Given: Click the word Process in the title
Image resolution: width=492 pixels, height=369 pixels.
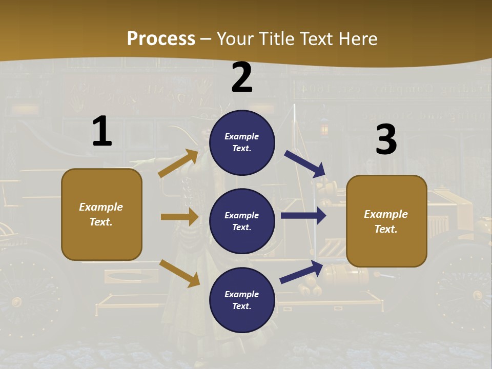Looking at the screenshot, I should (x=161, y=39).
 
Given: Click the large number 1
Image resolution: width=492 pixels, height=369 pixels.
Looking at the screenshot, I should (x=102, y=131).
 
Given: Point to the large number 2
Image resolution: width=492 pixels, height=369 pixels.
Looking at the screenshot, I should (x=242, y=77).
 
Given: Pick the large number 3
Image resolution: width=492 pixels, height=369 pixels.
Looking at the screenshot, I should (x=386, y=140).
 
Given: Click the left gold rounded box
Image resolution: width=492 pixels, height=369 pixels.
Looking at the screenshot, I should (x=101, y=214).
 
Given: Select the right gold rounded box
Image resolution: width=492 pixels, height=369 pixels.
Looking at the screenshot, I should (x=386, y=221).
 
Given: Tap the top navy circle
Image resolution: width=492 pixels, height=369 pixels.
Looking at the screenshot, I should (x=242, y=142).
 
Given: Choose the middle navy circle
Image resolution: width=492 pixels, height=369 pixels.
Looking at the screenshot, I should (x=242, y=221).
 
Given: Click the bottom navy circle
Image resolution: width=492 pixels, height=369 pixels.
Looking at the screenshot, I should (x=242, y=300).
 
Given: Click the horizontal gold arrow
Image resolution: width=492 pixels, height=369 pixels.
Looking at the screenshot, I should (x=179, y=217).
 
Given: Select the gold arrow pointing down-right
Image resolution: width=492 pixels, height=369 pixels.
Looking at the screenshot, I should (x=179, y=273).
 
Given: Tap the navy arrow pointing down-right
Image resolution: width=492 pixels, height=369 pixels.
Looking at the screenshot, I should (x=305, y=164).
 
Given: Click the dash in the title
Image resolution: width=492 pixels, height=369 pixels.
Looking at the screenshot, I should (x=206, y=39).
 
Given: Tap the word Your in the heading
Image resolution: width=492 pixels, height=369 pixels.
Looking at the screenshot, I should (x=235, y=39).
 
